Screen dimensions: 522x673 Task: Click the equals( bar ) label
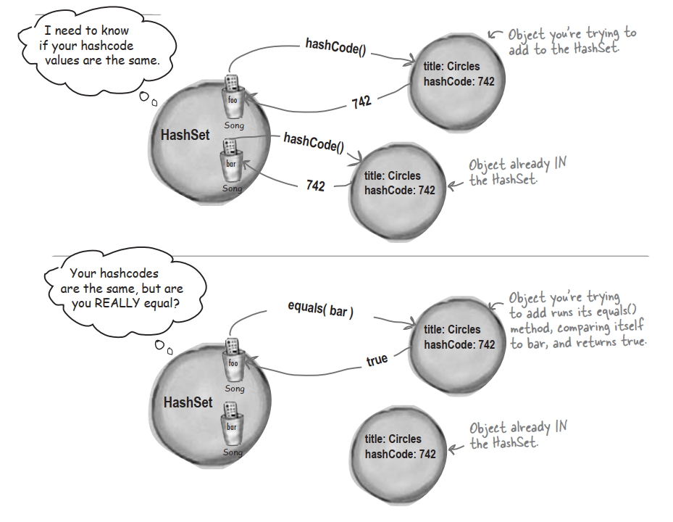(320, 310)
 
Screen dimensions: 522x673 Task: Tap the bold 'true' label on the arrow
(377, 359)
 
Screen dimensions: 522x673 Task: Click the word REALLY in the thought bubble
(128, 304)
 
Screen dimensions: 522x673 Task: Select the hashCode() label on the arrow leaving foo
(335, 50)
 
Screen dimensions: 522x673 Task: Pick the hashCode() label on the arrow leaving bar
(314, 141)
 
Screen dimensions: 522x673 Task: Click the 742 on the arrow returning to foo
(361, 102)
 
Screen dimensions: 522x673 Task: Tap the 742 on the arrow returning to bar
(315, 186)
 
